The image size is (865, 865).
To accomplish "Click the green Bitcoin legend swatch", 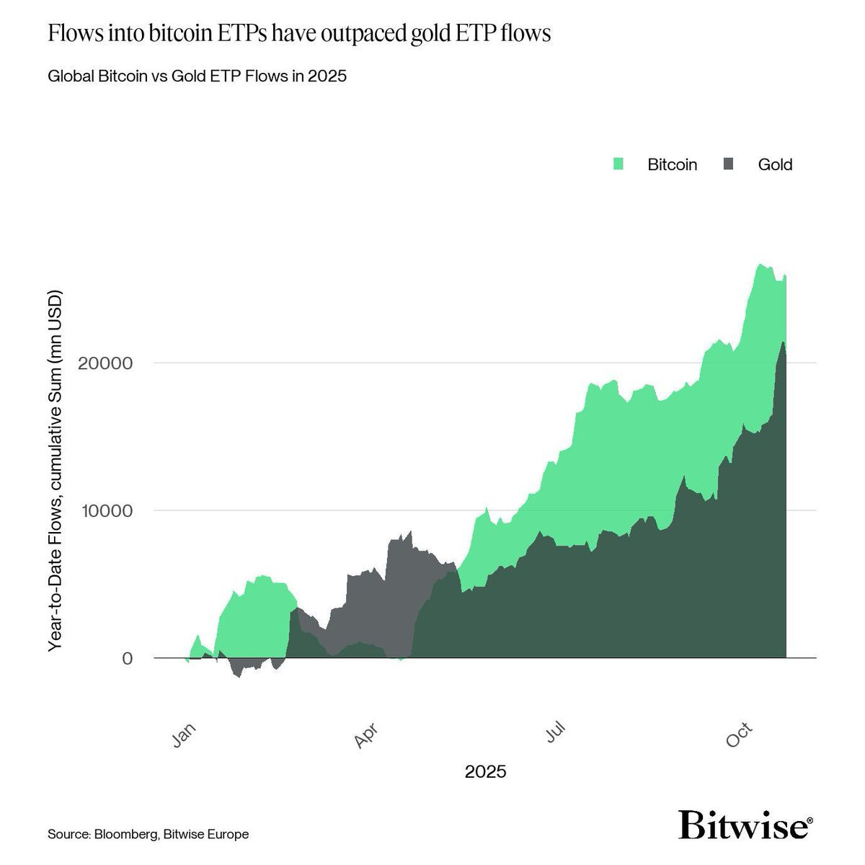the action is click(618, 164).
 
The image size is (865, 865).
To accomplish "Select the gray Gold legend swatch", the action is click(728, 164).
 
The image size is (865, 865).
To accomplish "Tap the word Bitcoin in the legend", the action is click(672, 165).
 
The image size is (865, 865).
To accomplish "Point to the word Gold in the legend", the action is click(775, 165).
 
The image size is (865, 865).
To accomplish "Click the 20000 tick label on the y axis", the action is click(105, 363).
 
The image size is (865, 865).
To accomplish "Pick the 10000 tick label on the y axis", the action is click(107, 511).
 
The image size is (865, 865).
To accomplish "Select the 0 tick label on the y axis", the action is click(128, 659).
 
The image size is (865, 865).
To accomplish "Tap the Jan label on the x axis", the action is click(184, 735).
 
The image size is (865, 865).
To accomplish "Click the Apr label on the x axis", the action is click(366, 735).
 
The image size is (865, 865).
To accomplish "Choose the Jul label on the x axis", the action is click(556, 732).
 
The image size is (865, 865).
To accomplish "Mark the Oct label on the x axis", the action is click(738, 735).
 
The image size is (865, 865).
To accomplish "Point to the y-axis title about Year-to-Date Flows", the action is click(56, 471).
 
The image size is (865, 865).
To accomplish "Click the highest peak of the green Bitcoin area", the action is click(760, 264).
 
